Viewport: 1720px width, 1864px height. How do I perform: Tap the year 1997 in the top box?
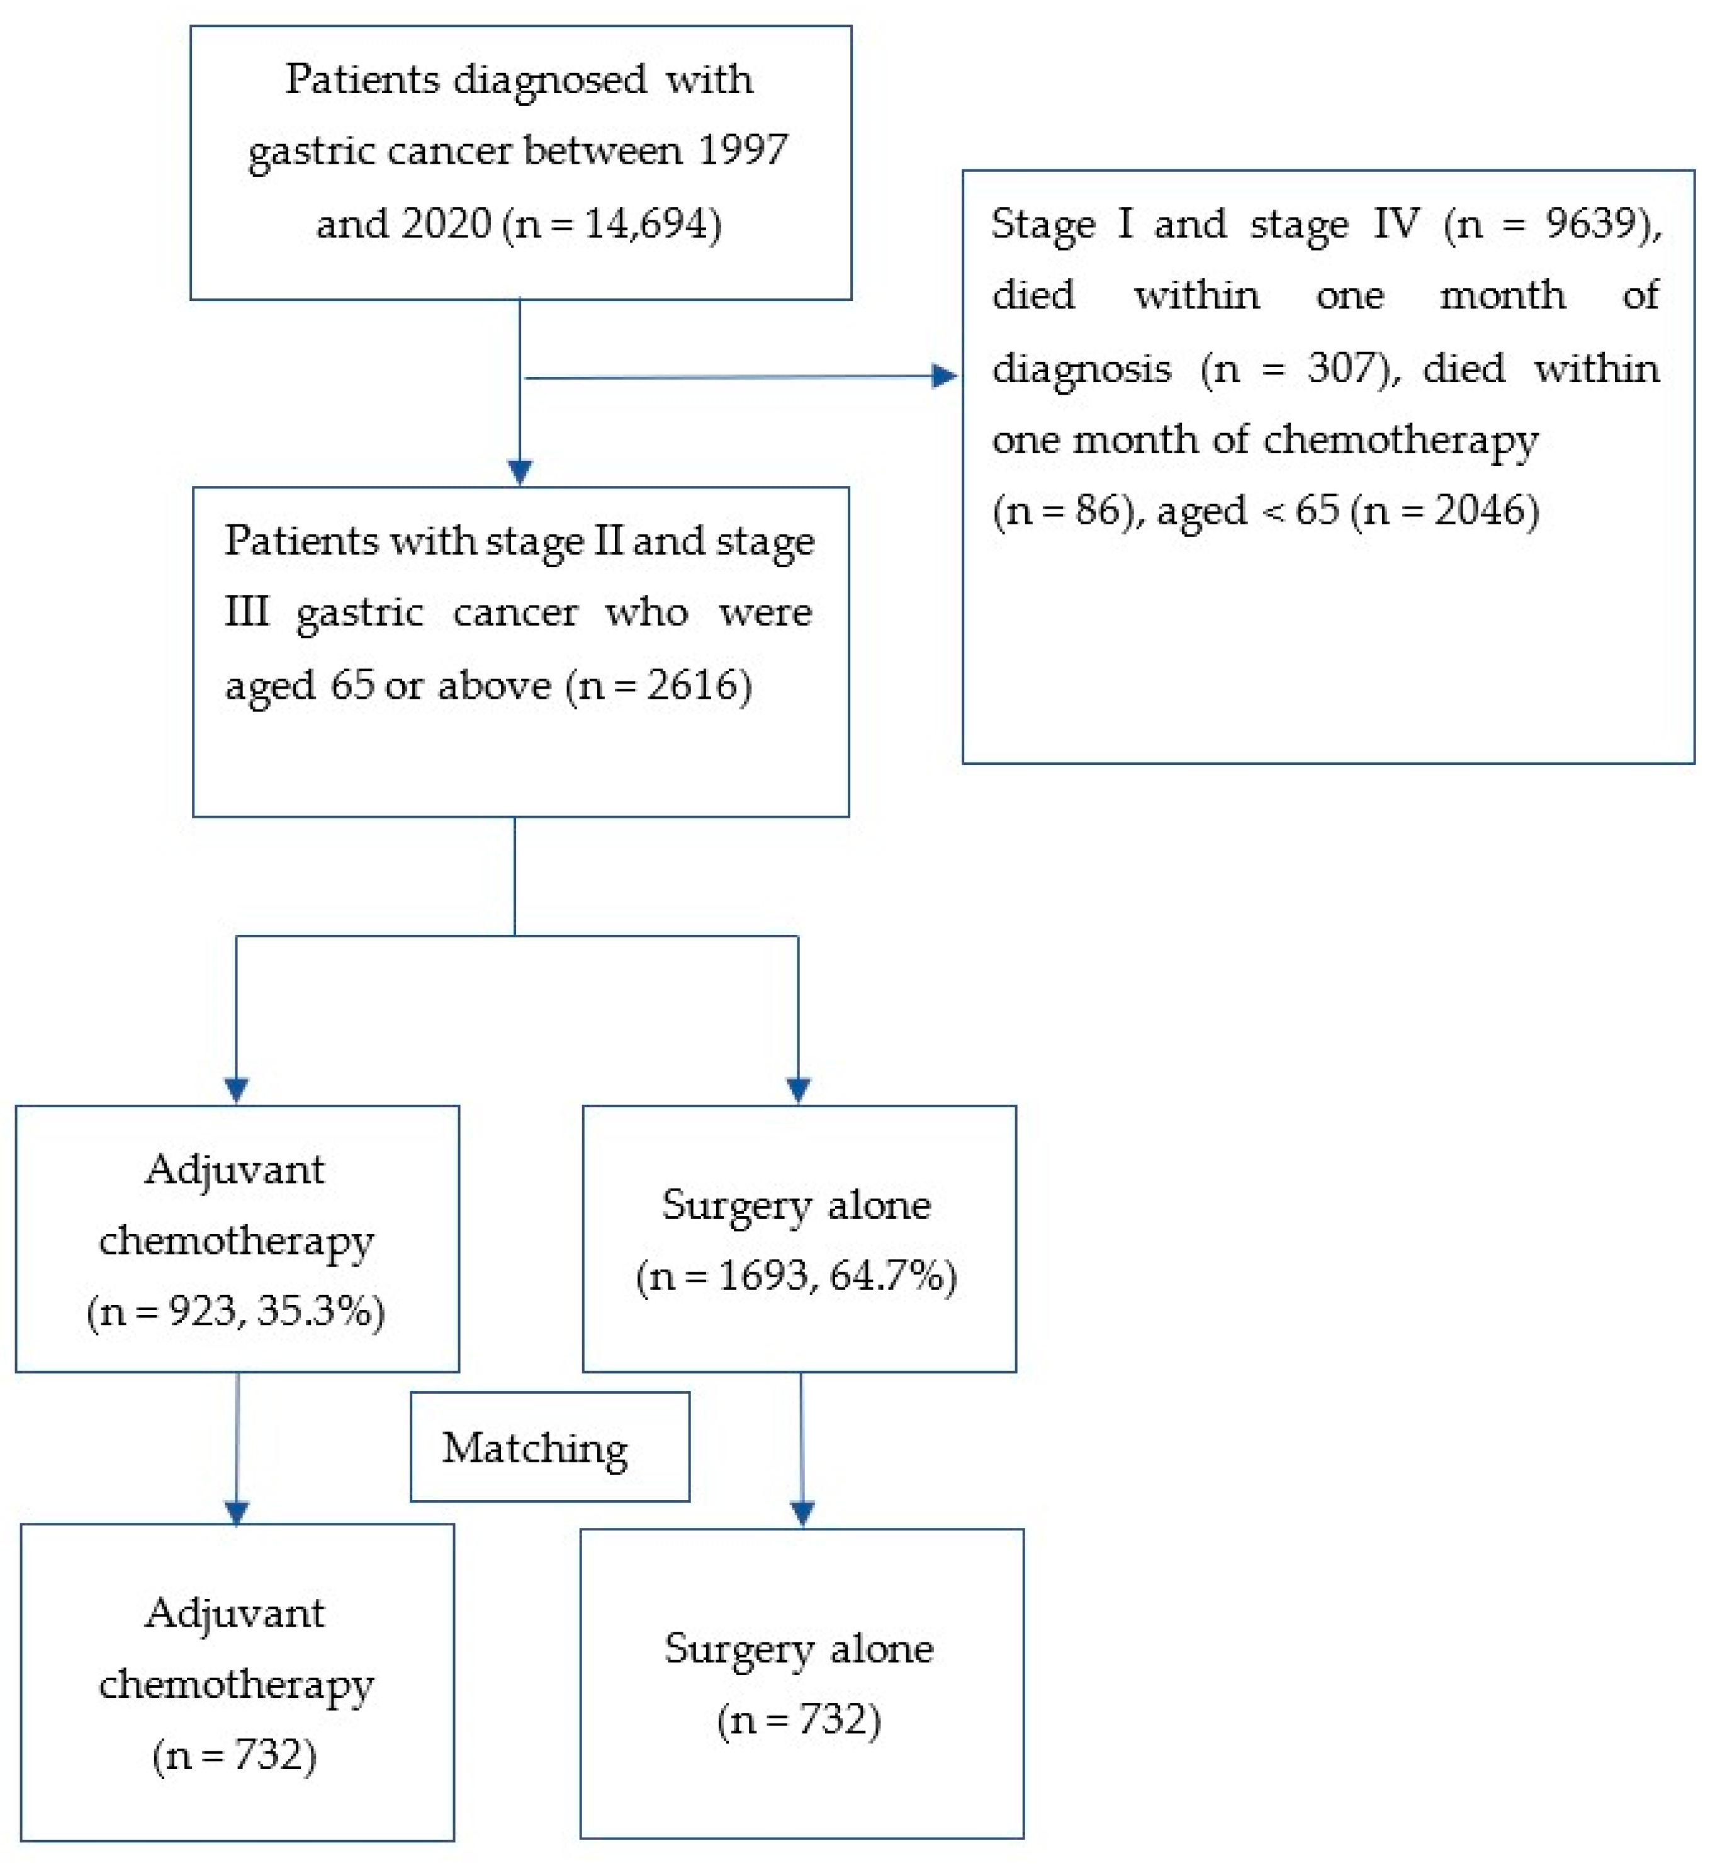point(743,151)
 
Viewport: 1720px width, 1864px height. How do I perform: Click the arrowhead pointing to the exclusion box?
point(944,376)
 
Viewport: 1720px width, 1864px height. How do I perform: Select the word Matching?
point(534,1449)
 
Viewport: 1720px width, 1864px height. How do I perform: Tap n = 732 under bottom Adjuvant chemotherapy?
point(235,1756)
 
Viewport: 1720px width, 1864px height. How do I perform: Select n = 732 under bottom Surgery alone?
point(799,1720)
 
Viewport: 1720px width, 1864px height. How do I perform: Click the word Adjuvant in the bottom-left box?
point(235,1613)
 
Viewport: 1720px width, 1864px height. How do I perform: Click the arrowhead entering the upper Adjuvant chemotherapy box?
point(237,1089)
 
